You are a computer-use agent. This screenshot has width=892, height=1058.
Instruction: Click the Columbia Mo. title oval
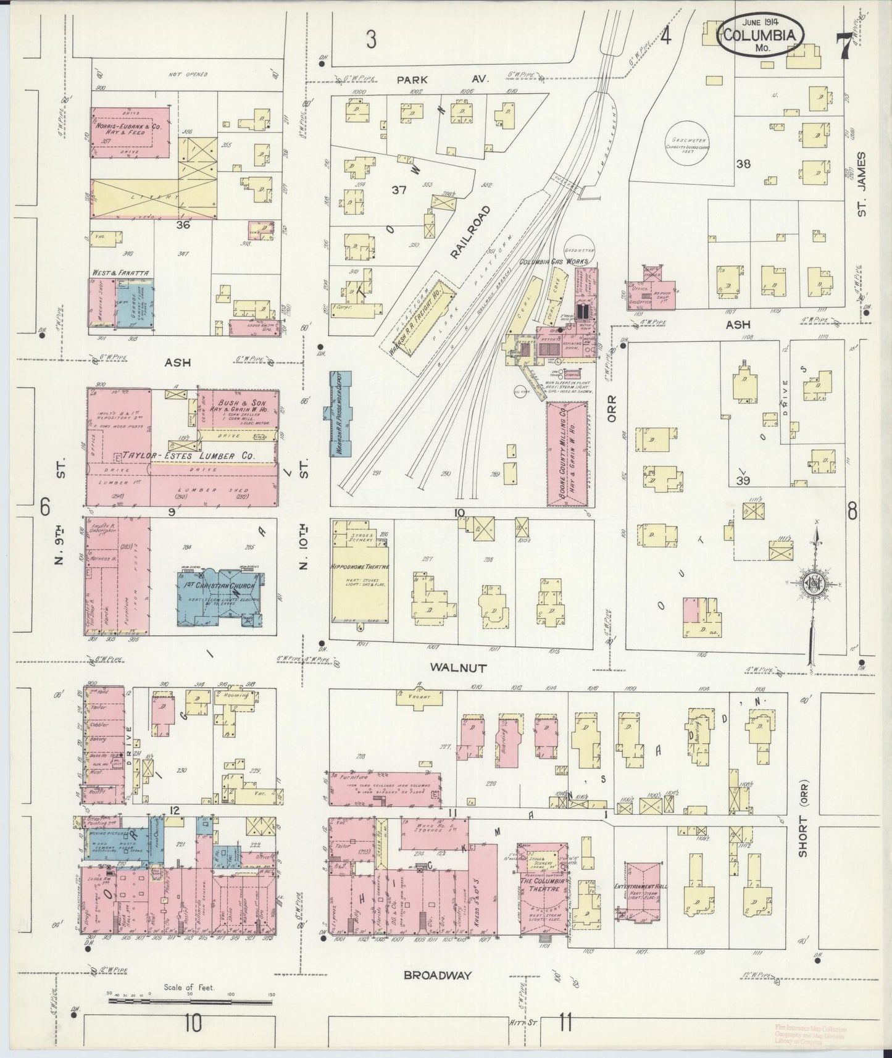[761, 35]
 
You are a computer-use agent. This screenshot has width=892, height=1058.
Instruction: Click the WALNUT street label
[459, 668]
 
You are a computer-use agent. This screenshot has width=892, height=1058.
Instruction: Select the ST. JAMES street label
[862, 185]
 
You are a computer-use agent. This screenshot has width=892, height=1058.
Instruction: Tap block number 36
[182, 225]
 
